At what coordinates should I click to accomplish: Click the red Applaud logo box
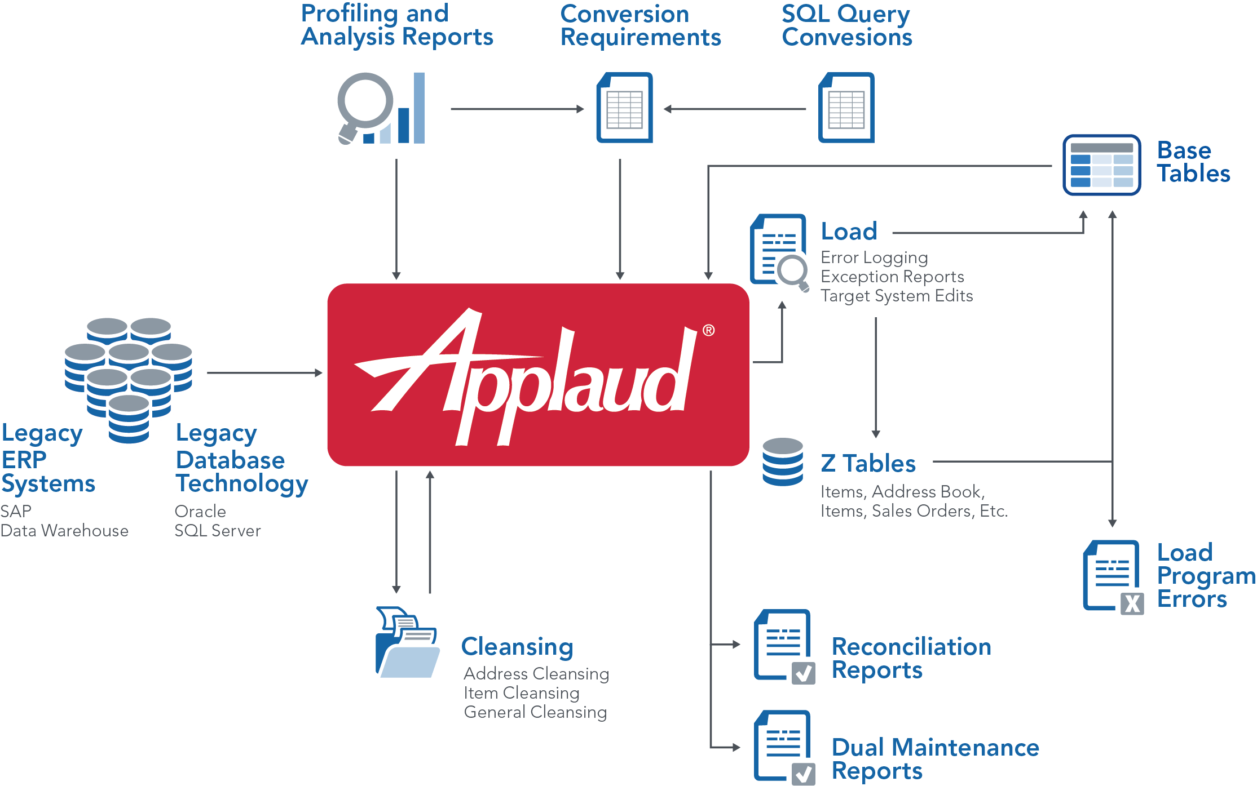537,375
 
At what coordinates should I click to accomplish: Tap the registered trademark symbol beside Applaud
708,330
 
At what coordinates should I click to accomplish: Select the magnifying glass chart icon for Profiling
381,108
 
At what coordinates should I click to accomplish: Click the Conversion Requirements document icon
624,108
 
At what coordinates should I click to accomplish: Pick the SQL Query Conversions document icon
846,108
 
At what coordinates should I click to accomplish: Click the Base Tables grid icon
1101,165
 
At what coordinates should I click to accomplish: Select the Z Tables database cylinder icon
782,462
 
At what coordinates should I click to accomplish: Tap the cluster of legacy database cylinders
129,378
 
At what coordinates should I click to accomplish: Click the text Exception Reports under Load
892,277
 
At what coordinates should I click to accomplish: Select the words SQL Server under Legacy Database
218,531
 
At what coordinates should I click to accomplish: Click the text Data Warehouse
64,531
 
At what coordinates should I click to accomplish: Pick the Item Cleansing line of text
522,693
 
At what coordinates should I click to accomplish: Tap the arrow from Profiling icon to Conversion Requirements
517,109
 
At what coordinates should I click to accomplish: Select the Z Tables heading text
868,464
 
